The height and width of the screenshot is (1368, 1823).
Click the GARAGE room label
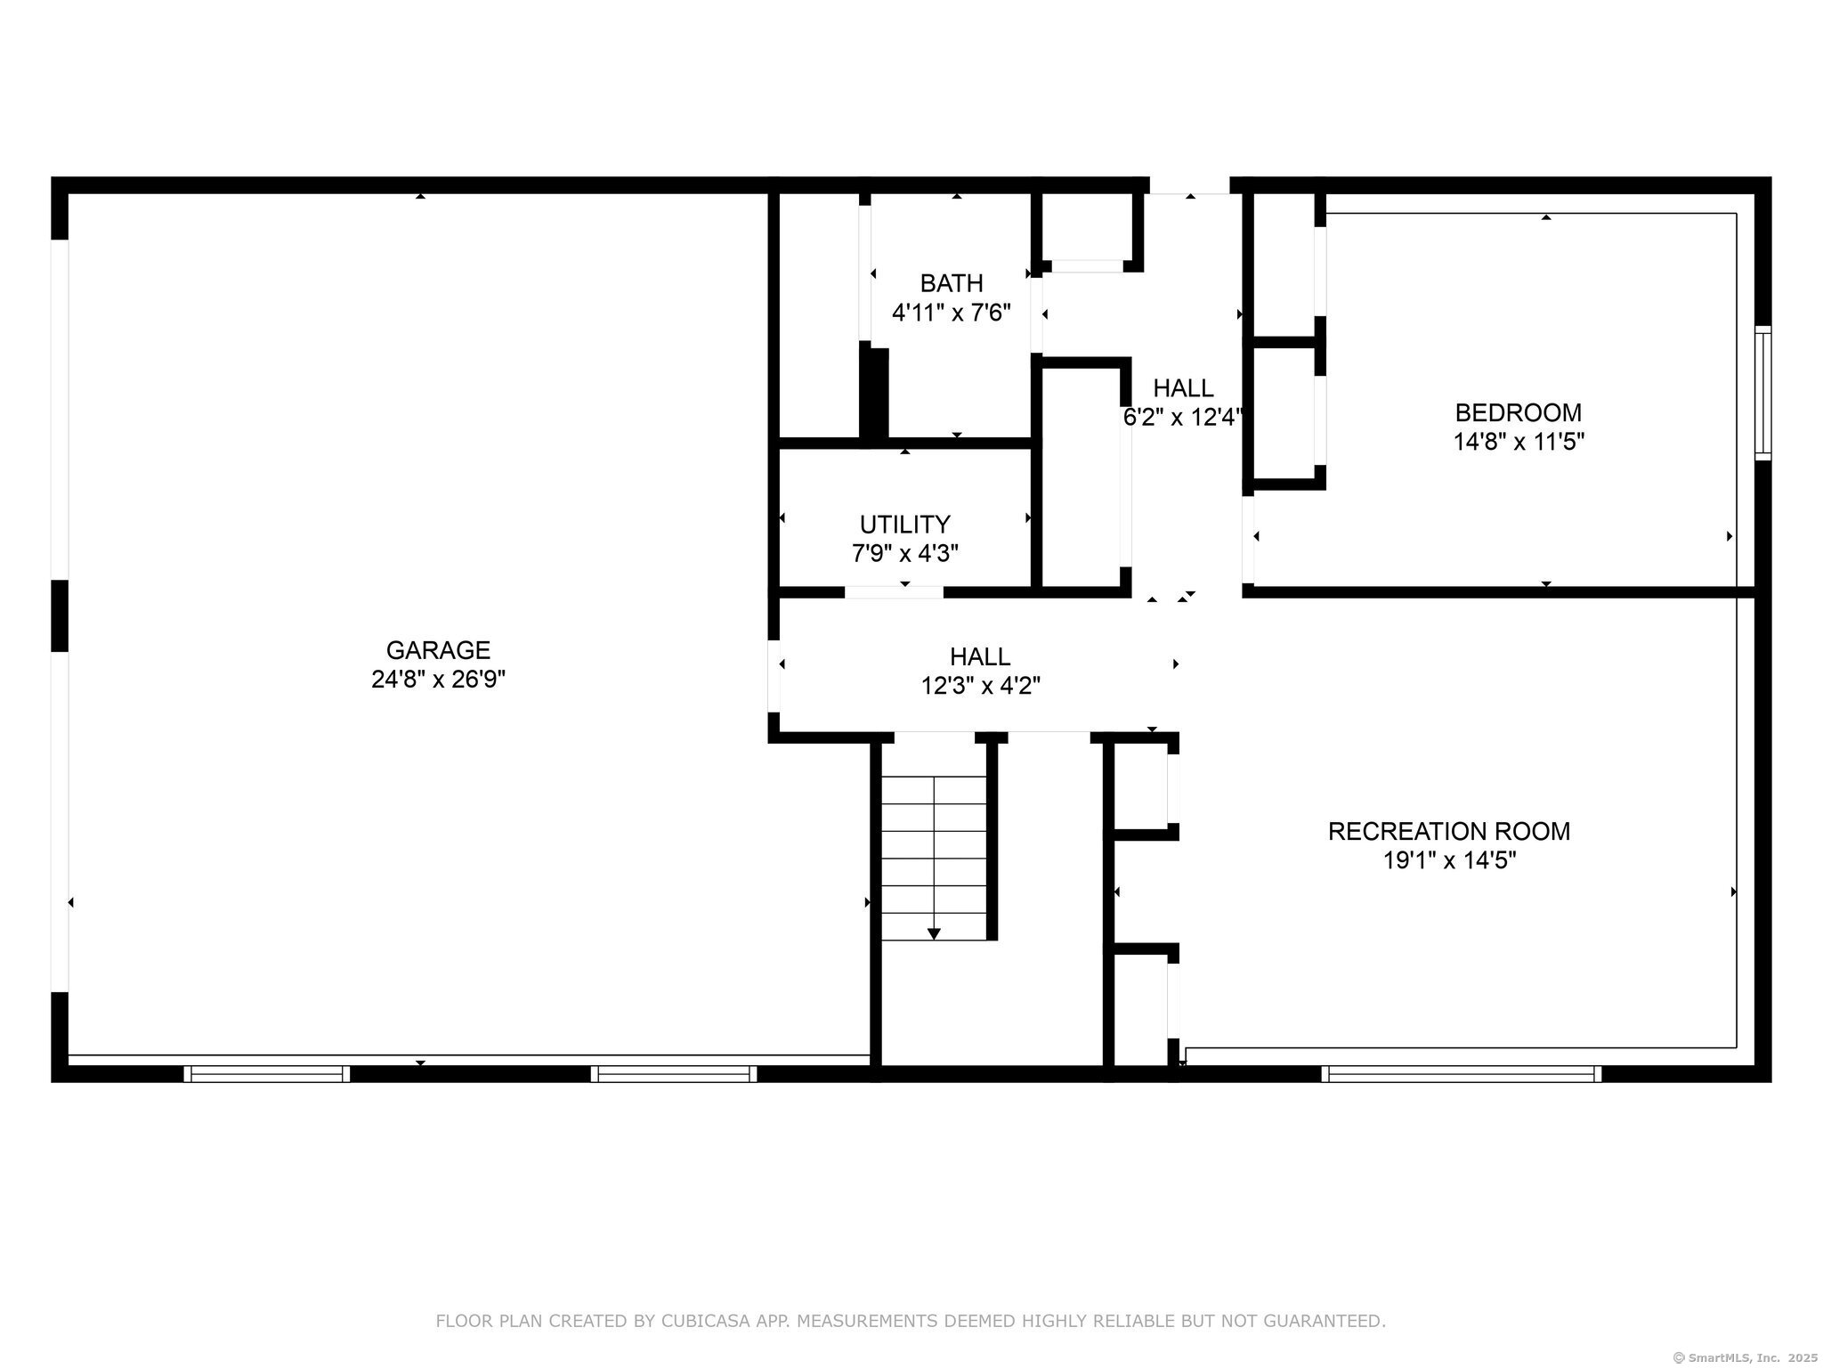(438, 650)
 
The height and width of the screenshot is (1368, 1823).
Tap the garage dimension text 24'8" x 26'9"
(438, 680)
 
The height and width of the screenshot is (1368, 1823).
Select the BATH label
(952, 283)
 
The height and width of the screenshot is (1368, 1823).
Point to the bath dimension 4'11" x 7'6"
(952, 313)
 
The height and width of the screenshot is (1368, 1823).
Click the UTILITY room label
(904, 524)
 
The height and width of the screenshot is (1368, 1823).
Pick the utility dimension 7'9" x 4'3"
(904, 553)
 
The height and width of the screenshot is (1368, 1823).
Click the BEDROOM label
(1519, 412)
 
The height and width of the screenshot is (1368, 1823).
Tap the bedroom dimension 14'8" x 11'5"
(1519, 442)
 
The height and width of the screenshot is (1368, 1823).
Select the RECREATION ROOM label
(1449, 831)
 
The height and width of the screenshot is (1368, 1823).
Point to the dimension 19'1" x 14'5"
(1449, 860)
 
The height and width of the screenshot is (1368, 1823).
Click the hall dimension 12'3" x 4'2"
(980, 686)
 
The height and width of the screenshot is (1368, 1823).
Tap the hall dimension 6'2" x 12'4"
(1182, 417)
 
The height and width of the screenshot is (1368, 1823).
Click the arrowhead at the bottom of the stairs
(934, 933)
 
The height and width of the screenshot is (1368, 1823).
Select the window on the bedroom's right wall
(1762, 393)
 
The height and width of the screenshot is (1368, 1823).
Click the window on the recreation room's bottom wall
(1461, 1073)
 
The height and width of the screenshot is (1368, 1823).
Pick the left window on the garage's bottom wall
(266, 1073)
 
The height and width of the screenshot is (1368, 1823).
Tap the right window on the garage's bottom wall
(673, 1073)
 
